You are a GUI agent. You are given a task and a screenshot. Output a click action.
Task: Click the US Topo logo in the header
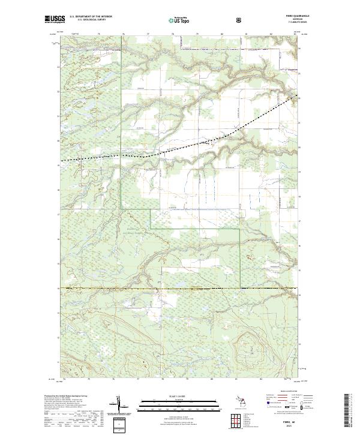(x=177, y=20)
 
